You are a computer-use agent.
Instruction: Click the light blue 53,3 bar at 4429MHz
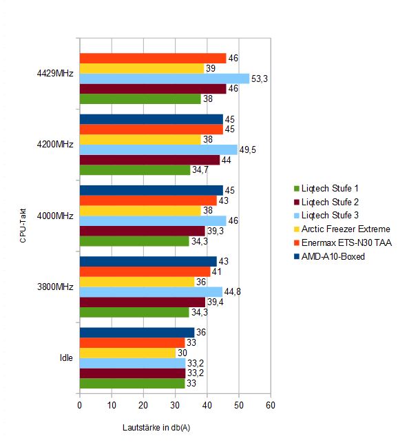[x=165, y=79]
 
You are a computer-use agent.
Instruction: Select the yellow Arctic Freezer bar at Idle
[x=127, y=353]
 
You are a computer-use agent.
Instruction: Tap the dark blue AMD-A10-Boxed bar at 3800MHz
[x=148, y=261]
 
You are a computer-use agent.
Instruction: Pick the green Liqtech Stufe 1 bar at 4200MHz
[x=135, y=170]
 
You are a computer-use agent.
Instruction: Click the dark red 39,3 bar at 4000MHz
[x=143, y=231]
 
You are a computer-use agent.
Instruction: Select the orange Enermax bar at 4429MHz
[x=153, y=58]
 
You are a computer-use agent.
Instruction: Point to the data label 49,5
[x=248, y=149]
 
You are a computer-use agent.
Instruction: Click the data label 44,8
[x=232, y=291]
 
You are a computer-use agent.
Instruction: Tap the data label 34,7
[x=200, y=169]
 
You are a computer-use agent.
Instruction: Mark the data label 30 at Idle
[x=182, y=353]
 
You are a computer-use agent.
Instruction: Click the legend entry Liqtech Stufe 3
[x=326, y=216]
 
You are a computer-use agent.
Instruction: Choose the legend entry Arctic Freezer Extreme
[x=342, y=229]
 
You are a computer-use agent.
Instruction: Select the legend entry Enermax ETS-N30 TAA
[x=343, y=242]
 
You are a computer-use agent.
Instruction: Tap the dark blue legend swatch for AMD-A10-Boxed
[x=297, y=256]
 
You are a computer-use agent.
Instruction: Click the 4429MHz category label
[x=55, y=74]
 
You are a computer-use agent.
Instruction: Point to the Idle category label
[x=66, y=358]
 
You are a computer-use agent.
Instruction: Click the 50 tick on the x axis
[x=239, y=405]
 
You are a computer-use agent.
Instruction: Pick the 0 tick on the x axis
[x=80, y=405]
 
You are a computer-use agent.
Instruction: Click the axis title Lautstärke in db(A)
[x=156, y=427]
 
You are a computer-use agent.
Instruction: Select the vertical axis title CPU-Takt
[x=23, y=226]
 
